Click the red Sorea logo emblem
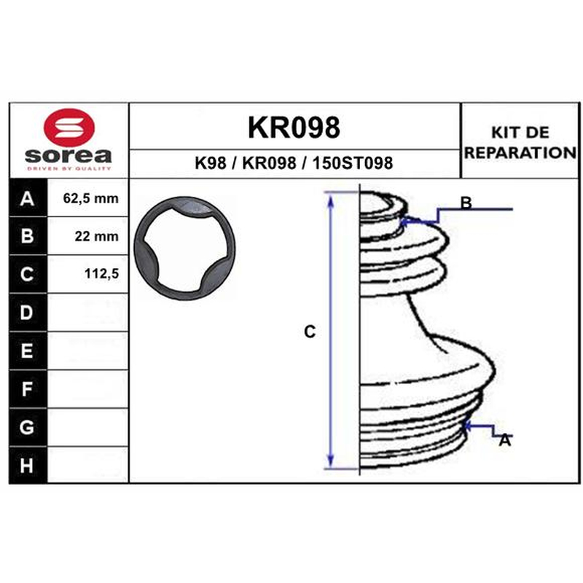click(69, 128)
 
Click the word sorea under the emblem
click(69, 155)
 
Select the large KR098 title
click(294, 128)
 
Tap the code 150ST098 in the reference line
click(353, 163)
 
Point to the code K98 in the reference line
click(211, 163)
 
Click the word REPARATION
click(520, 153)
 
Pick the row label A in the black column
click(27, 198)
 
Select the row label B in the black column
click(27, 236)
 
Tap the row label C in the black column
click(27, 275)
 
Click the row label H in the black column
click(27, 466)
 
